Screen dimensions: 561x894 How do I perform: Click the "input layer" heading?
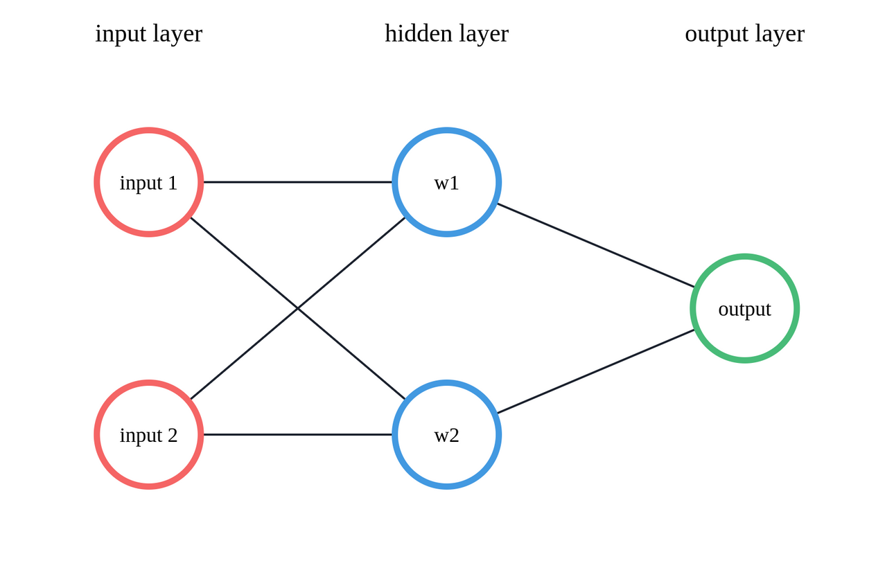click(148, 33)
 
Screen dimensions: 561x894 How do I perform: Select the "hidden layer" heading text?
click(446, 33)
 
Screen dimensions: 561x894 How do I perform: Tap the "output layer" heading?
click(744, 33)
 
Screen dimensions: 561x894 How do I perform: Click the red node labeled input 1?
click(148, 182)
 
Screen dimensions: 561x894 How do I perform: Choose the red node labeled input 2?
click(148, 434)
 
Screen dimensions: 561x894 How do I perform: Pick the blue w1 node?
click(446, 182)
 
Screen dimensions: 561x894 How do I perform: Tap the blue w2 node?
click(446, 434)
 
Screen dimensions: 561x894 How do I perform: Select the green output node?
click(744, 308)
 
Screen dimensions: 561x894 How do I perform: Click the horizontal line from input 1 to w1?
click(298, 182)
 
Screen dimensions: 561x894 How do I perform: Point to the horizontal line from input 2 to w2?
click(298, 434)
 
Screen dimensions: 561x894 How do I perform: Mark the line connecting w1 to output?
click(596, 245)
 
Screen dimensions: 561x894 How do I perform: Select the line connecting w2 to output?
click(596, 371)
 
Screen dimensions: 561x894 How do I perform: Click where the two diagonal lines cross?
click(298, 308)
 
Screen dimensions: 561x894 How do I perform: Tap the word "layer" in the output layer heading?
click(780, 33)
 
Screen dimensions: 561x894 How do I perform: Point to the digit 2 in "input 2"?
click(172, 435)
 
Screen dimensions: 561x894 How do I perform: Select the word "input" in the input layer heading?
click(121, 33)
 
